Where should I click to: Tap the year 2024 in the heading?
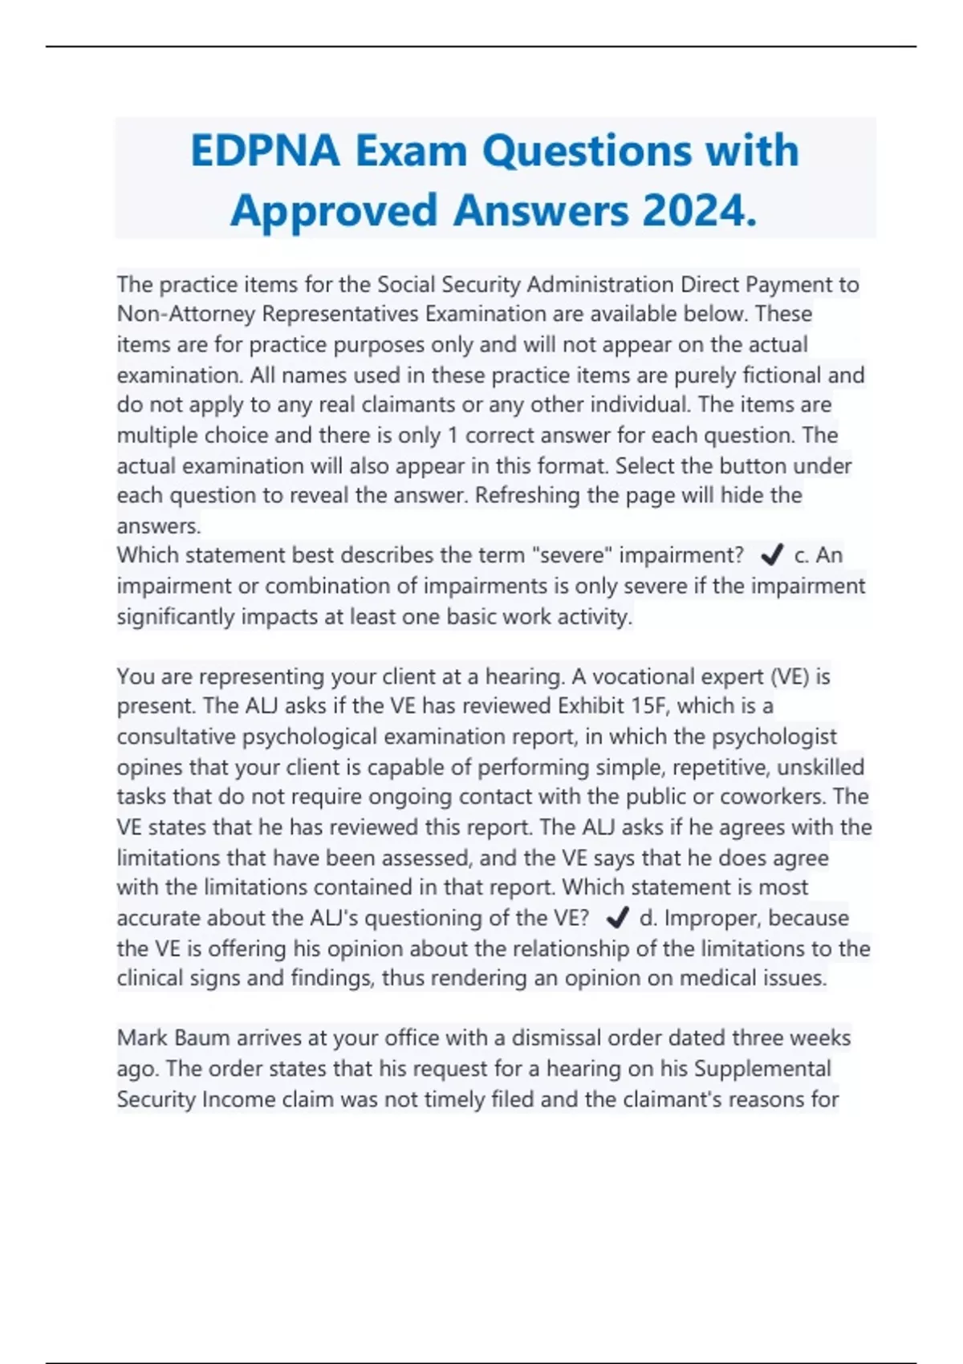(698, 211)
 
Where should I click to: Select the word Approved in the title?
(333, 211)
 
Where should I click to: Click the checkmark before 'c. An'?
(771, 554)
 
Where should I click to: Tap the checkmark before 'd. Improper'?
(617, 917)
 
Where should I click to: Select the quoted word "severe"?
(571, 555)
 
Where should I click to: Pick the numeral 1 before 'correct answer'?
(453, 435)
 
